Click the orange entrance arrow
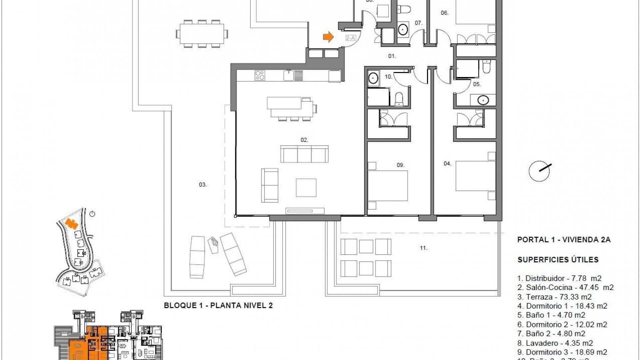click(328, 37)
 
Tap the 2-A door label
click(350, 38)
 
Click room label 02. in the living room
click(304, 140)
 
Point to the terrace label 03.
click(203, 184)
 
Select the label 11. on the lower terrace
click(424, 248)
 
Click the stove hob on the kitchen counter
click(260, 75)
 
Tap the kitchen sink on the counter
click(289, 75)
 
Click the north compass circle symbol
click(539, 171)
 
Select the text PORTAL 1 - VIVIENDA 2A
click(564, 240)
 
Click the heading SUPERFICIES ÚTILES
click(558, 260)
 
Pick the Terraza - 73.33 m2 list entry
click(554, 297)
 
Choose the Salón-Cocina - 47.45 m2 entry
click(565, 287)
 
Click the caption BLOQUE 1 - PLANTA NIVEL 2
click(218, 305)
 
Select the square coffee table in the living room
click(306, 188)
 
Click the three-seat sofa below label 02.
click(304, 154)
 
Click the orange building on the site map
click(71, 223)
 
